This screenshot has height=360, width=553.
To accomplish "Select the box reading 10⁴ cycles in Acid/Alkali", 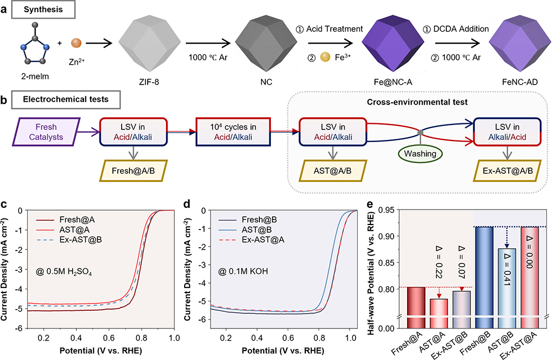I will (233, 131).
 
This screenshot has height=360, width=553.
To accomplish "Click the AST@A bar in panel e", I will (424, 313).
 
